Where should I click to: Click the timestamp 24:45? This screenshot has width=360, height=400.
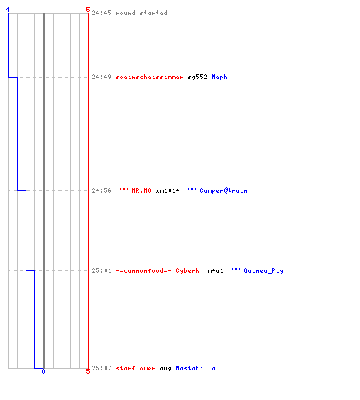(x=102, y=13)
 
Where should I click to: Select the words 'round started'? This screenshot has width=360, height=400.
(x=142, y=13)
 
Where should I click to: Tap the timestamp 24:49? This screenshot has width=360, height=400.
(x=102, y=77)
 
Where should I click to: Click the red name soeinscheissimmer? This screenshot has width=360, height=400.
(x=150, y=77)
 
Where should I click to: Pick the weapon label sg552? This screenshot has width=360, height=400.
(x=198, y=78)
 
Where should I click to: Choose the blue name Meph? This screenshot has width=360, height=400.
(x=219, y=77)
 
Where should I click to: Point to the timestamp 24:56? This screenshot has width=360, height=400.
(x=102, y=190)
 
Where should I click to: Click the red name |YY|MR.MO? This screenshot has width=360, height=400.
(x=134, y=190)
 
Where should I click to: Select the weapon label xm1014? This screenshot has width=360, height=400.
(x=167, y=190)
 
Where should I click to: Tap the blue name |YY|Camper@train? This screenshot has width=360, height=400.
(x=216, y=190)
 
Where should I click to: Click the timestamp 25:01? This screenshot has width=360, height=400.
(x=102, y=270)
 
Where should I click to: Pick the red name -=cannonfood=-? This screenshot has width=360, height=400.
(x=143, y=270)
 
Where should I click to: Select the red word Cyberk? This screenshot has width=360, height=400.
(x=187, y=271)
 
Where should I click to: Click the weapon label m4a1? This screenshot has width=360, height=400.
(x=215, y=270)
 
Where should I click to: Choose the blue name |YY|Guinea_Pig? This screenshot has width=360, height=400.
(x=256, y=271)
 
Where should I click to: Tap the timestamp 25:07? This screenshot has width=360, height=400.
(x=102, y=368)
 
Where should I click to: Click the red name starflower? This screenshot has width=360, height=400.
(x=135, y=368)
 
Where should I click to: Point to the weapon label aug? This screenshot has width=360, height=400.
(x=166, y=369)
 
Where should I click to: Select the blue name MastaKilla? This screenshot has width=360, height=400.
(x=195, y=368)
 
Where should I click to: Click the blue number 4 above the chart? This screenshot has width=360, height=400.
(x=8, y=10)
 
